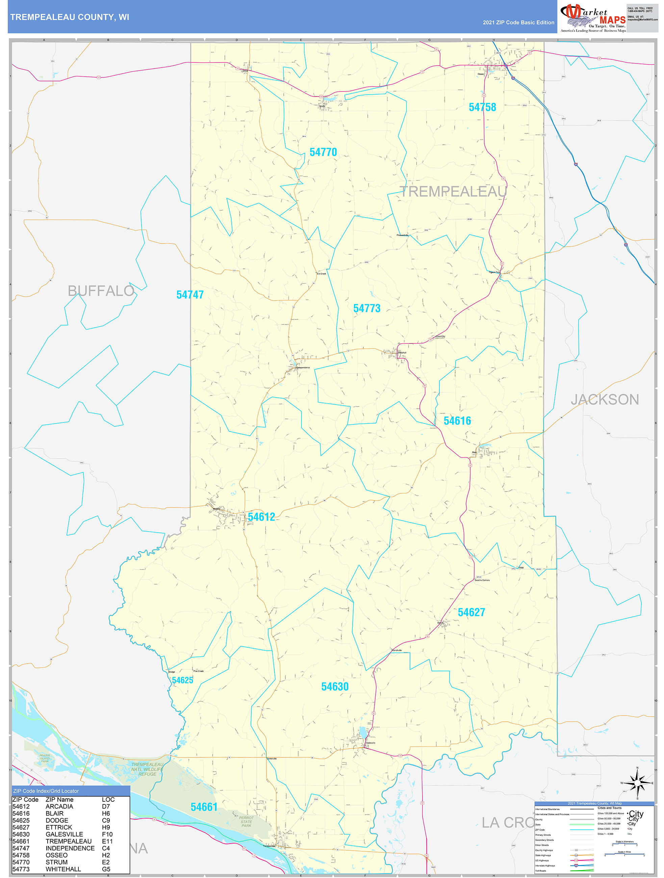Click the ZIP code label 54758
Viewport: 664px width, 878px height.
pyautogui.click(x=482, y=107)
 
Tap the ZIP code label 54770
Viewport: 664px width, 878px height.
pyautogui.click(x=323, y=152)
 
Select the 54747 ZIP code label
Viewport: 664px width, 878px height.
pyautogui.click(x=190, y=294)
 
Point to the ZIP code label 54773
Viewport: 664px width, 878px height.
pyautogui.click(x=367, y=308)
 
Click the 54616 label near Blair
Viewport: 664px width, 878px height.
pyautogui.click(x=457, y=421)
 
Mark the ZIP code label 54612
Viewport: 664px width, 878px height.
pyautogui.click(x=261, y=517)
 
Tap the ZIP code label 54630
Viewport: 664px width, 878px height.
pyautogui.click(x=335, y=686)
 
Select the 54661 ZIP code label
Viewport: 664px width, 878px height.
pyautogui.click(x=204, y=807)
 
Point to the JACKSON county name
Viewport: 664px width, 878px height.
pyautogui.click(x=605, y=399)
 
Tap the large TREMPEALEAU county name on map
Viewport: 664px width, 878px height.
pyautogui.click(x=453, y=192)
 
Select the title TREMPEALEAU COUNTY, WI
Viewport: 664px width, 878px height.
pyautogui.click(x=70, y=17)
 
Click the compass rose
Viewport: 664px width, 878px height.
pyautogui.click(x=637, y=783)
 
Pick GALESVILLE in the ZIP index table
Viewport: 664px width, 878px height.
pyautogui.click(x=64, y=834)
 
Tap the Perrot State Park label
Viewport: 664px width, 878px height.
pyautogui.click(x=246, y=822)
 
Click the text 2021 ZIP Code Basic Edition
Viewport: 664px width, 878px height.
pyautogui.click(x=518, y=23)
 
